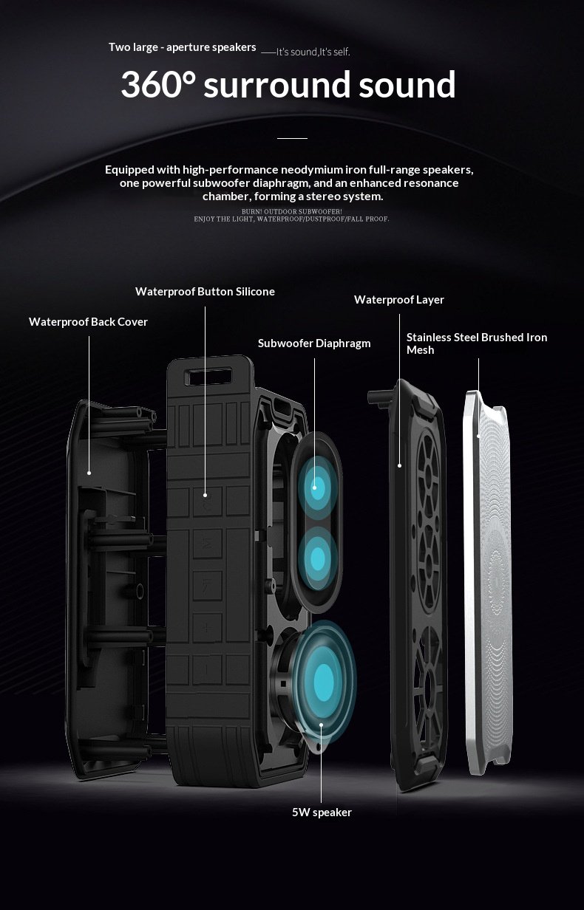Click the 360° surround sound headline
[x=288, y=85]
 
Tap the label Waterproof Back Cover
[x=88, y=322]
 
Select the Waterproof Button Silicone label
[x=205, y=292]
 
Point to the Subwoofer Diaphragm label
[x=314, y=343]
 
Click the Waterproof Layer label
[x=399, y=300]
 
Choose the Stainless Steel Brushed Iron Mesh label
[x=477, y=343]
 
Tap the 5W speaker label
[x=322, y=812]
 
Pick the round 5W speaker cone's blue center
[x=323, y=676]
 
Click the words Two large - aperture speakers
[x=182, y=47]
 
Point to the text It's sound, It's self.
[x=313, y=52]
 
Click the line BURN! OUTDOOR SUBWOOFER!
[x=291, y=212]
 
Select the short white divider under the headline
[x=292, y=138]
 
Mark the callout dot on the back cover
[x=89, y=472]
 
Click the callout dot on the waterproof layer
[x=399, y=465]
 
